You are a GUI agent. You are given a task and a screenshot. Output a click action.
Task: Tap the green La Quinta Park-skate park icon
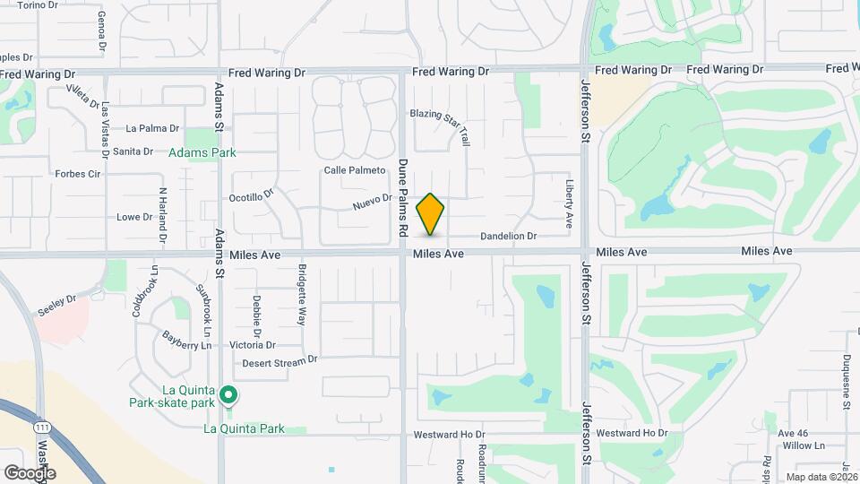228,394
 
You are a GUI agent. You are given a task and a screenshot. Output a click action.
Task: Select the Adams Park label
203,153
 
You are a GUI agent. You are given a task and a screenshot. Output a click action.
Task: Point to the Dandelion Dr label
508,237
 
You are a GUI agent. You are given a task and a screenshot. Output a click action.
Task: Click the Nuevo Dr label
373,203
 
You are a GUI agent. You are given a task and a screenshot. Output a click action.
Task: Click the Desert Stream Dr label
280,363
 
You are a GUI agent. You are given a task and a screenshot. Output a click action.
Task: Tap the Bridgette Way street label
302,295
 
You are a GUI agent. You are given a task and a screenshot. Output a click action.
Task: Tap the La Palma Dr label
152,128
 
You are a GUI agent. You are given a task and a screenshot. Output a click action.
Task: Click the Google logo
30,472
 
